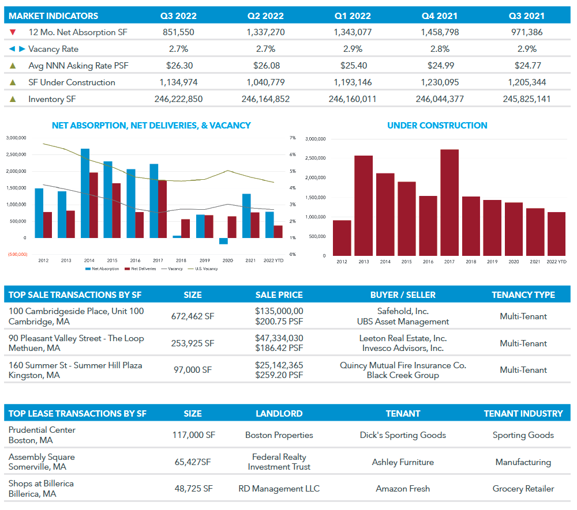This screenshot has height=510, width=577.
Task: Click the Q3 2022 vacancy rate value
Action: point(178,49)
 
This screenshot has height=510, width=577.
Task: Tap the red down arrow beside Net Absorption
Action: point(13,32)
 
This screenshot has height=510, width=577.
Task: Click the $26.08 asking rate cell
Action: point(265,66)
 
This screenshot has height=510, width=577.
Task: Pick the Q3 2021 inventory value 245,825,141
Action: point(527,99)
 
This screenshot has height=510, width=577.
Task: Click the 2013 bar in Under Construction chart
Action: point(364,205)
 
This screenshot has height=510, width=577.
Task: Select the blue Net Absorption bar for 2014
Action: point(85,193)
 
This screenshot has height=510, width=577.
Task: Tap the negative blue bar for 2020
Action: point(223,241)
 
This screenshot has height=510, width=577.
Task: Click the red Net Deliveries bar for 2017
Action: point(163,209)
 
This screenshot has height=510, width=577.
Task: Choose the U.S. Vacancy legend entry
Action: point(207,269)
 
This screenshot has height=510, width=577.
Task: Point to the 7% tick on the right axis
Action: point(293,138)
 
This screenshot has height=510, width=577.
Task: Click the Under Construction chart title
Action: point(437,125)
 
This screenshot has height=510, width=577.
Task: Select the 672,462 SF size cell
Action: point(193,316)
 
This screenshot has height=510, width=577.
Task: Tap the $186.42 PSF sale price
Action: point(279,348)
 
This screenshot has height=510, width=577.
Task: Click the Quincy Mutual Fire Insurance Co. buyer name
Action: point(403,365)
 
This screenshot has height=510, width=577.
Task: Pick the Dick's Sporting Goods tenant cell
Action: point(403,435)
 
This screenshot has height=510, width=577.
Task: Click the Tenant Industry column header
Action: point(523,413)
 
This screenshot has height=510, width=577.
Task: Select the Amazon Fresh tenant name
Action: point(403,489)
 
